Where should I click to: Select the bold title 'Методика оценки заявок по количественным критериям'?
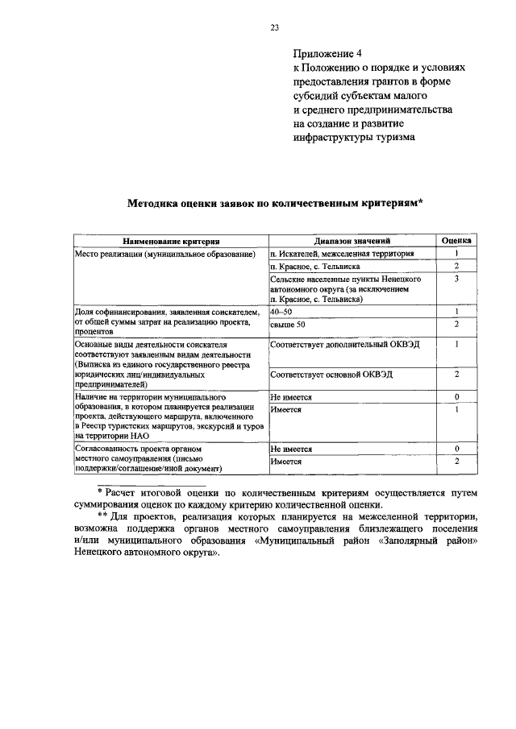tap(273, 204)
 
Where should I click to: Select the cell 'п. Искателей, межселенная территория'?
tap(343, 253)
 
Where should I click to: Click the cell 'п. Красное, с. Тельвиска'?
tap(315, 266)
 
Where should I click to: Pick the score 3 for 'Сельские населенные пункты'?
tap(456, 278)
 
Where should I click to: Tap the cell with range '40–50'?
tap(282, 311)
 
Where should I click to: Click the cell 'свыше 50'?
tap(288, 324)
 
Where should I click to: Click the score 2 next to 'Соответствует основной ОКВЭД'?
tap(456, 375)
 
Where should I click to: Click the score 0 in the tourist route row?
tap(456, 397)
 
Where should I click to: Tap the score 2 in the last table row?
tap(456, 461)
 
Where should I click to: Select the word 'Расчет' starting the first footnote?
tap(126, 491)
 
